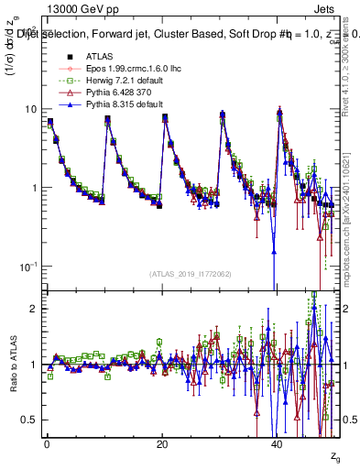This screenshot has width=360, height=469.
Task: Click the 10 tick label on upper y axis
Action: pos(31,109)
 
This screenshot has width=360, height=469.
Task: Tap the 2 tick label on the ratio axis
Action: pos(35,309)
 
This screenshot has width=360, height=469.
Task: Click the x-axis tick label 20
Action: pos(162,443)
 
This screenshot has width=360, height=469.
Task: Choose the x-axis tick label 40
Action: pos(278,443)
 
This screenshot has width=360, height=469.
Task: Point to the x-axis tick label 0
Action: pos(46,443)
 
